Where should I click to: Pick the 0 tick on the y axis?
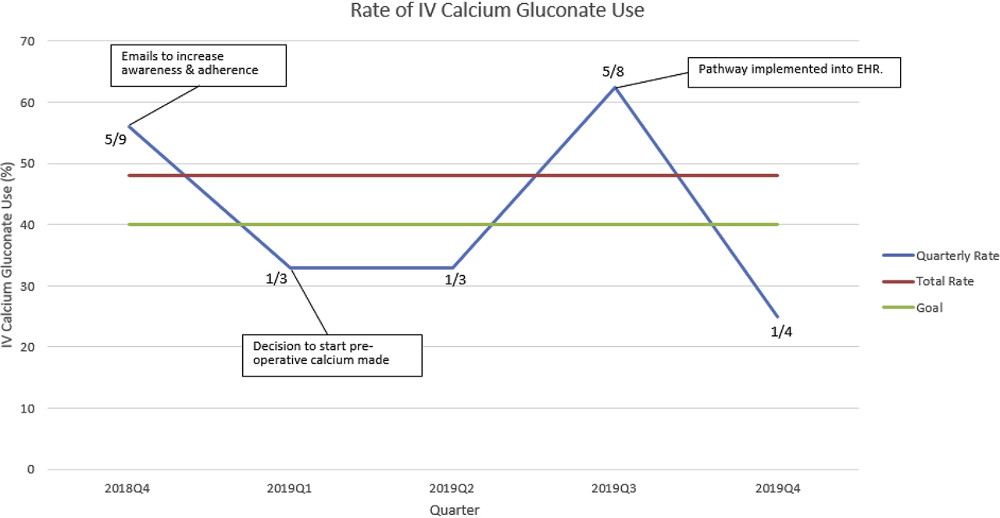[31, 470]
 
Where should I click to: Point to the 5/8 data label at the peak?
[614, 72]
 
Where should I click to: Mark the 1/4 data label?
[781, 331]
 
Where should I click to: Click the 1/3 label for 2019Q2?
[455, 280]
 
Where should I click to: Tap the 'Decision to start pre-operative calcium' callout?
[332, 355]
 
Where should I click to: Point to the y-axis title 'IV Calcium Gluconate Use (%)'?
[9, 255]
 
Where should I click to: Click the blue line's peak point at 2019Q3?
[616, 88]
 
